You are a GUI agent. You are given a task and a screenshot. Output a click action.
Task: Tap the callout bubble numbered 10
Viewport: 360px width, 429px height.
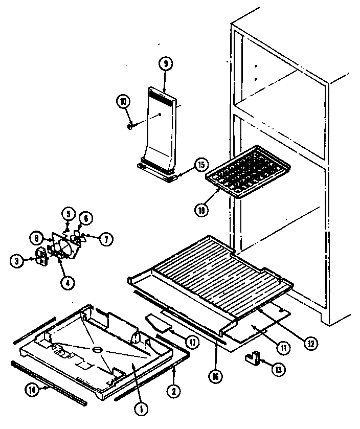(123, 101)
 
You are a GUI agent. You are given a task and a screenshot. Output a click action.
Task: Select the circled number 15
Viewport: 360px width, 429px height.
(201, 165)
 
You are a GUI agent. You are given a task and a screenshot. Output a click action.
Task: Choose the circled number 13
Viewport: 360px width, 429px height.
(279, 369)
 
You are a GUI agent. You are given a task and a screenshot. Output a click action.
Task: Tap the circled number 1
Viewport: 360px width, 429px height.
(140, 408)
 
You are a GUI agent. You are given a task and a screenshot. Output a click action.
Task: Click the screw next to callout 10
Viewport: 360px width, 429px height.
(131, 123)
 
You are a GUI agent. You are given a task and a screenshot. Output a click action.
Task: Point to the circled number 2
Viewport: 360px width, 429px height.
(174, 391)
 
